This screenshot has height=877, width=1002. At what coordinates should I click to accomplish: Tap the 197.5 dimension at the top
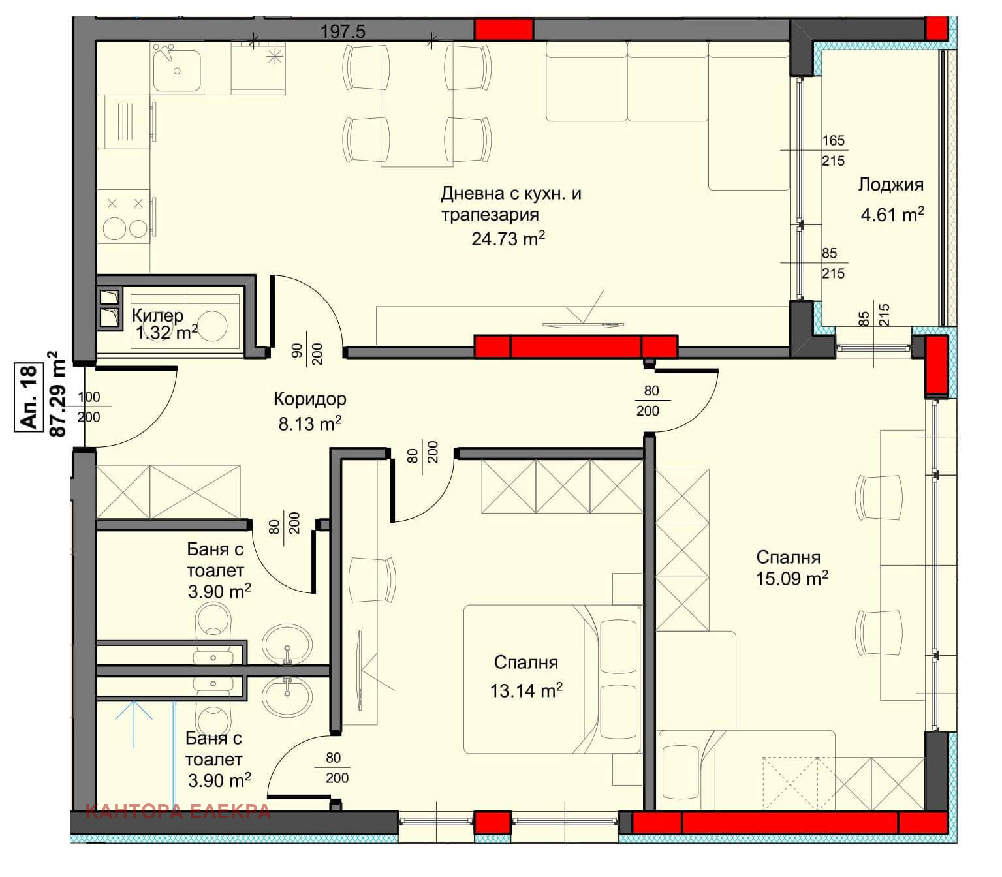pos(343,32)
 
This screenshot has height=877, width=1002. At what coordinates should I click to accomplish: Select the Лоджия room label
pos(891,185)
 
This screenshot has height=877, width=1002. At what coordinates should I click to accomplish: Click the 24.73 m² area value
pos(508,238)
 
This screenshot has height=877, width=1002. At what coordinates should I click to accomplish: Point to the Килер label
pos(158,316)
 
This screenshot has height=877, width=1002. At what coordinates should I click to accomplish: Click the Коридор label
pos(310,399)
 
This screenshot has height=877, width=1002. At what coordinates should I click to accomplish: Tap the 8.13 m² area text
pos(310,423)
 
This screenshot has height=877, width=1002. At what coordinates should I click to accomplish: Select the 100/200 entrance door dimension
pos(89,407)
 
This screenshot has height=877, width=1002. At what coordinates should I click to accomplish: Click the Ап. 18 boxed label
pos(28,397)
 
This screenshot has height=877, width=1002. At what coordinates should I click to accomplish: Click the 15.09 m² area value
pos(792,578)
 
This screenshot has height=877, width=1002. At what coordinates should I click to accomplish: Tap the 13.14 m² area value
pos(526,690)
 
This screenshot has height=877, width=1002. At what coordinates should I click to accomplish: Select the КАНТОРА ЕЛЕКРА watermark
pos(178,812)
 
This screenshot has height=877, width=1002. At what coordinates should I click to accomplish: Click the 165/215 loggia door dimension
pos(834,150)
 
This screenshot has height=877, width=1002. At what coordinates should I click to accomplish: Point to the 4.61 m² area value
pos(892,214)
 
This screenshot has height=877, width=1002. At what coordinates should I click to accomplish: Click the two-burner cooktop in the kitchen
pos(125,217)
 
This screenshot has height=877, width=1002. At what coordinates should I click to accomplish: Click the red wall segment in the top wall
pos(503,29)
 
